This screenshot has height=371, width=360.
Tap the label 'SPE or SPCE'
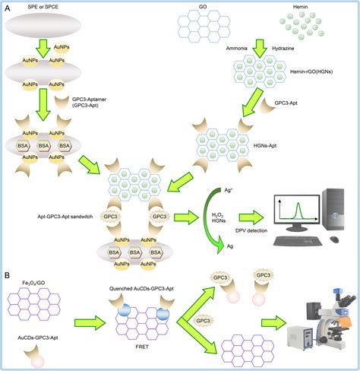[x=36, y=7]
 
